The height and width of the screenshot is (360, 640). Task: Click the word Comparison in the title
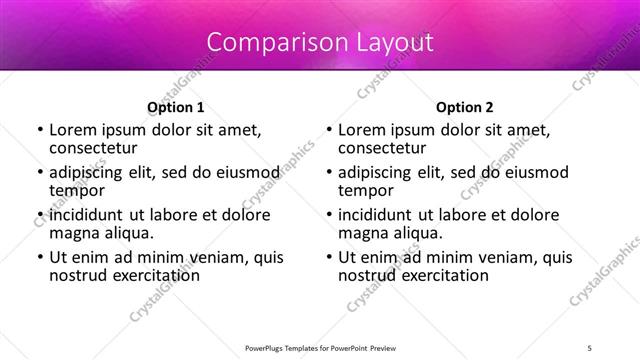point(267,43)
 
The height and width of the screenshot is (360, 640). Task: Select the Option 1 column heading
point(176,107)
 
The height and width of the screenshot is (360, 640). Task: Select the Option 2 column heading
point(465,107)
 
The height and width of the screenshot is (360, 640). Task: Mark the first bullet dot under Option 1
point(39,130)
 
